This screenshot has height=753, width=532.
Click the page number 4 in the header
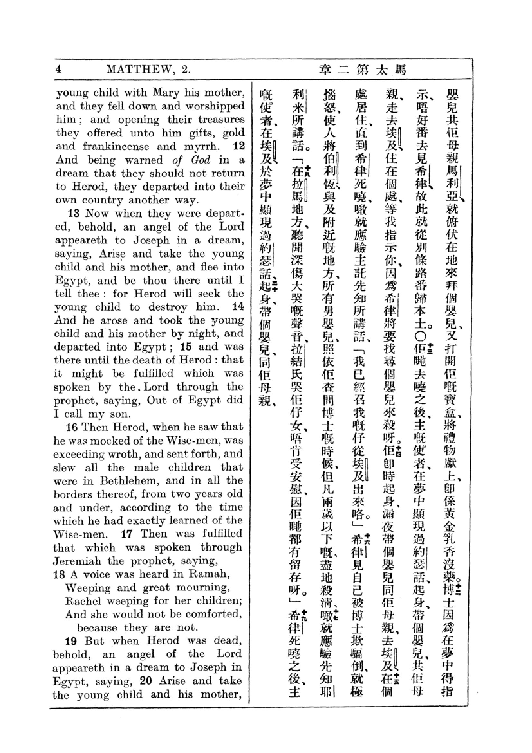[59, 69]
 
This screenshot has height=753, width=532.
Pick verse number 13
[74, 213]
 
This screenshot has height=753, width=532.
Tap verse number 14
[238, 307]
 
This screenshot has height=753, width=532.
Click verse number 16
[71, 427]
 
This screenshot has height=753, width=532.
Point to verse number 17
[126, 534]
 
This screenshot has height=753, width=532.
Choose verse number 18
[59, 574]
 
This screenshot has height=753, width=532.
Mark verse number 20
[146, 681]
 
